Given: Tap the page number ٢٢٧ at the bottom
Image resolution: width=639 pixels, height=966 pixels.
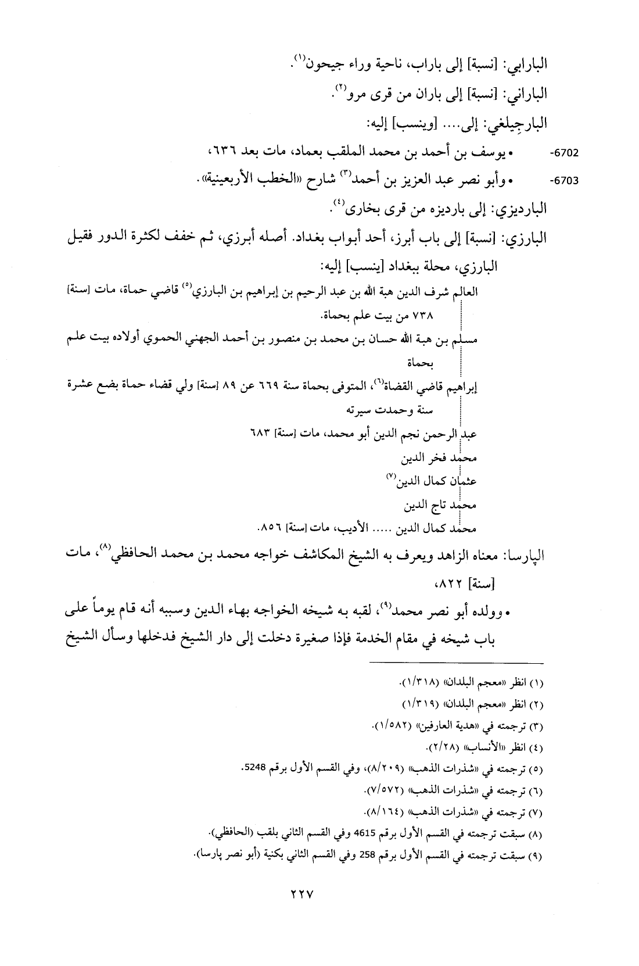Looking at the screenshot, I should click(x=302, y=912).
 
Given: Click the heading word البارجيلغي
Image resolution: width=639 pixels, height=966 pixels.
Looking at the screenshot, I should click(x=516, y=124).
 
